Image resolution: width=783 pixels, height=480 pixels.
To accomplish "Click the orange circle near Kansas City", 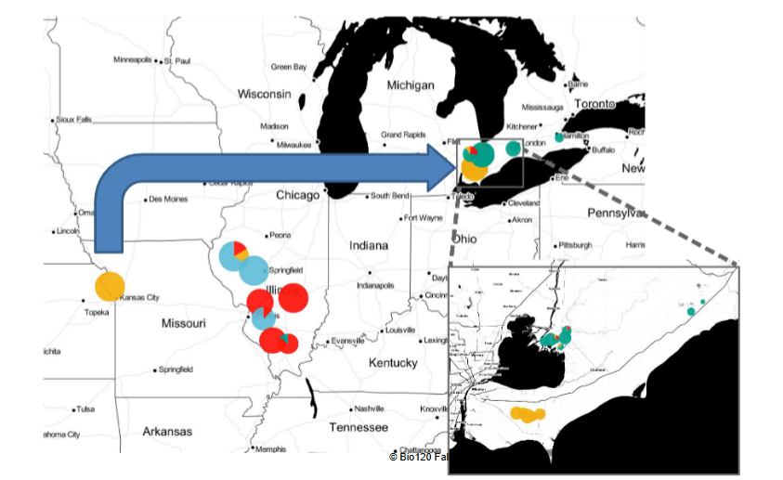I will pyautogui.click(x=110, y=286).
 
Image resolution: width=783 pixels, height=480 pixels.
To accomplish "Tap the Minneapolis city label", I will pyautogui.click(x=132, y=60).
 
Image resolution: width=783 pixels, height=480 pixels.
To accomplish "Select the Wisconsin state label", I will pyautogui.click(x=265, y=94).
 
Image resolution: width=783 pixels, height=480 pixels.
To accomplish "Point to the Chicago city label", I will pyautogui.click(x=297, y=195).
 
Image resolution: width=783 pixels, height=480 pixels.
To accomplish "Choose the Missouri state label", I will pyautogui.click(x=183, y=323).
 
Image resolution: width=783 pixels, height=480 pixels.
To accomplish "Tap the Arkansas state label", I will pyautogui.click(x=167, y=431).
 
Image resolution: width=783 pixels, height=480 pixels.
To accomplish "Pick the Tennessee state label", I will pyautogui.click(x=358, y=427).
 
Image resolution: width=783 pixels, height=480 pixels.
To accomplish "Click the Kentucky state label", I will pyautogui.click(x=393, y=362).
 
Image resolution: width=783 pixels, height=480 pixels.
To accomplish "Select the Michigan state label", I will pyautogui.click(x=410, y=85).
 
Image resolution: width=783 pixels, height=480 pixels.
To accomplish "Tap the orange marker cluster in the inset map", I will pyautogui.click(x=528, y=414).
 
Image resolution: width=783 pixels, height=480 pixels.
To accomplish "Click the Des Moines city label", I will pyautogui.click(x=168, y=198).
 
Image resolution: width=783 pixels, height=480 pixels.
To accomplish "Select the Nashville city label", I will pyautogui.click(x=369, y=409).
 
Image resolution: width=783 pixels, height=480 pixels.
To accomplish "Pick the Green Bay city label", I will pyautogui.click(x=288, y=67).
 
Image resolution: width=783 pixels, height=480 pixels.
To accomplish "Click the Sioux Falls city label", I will pyautogui.click(x=74, y=120).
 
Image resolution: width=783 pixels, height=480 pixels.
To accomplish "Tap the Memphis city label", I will pyautogui.click(x=270, y=449).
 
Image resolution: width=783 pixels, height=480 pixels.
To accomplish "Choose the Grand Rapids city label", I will pyautogui.click(x=402, y=135).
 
